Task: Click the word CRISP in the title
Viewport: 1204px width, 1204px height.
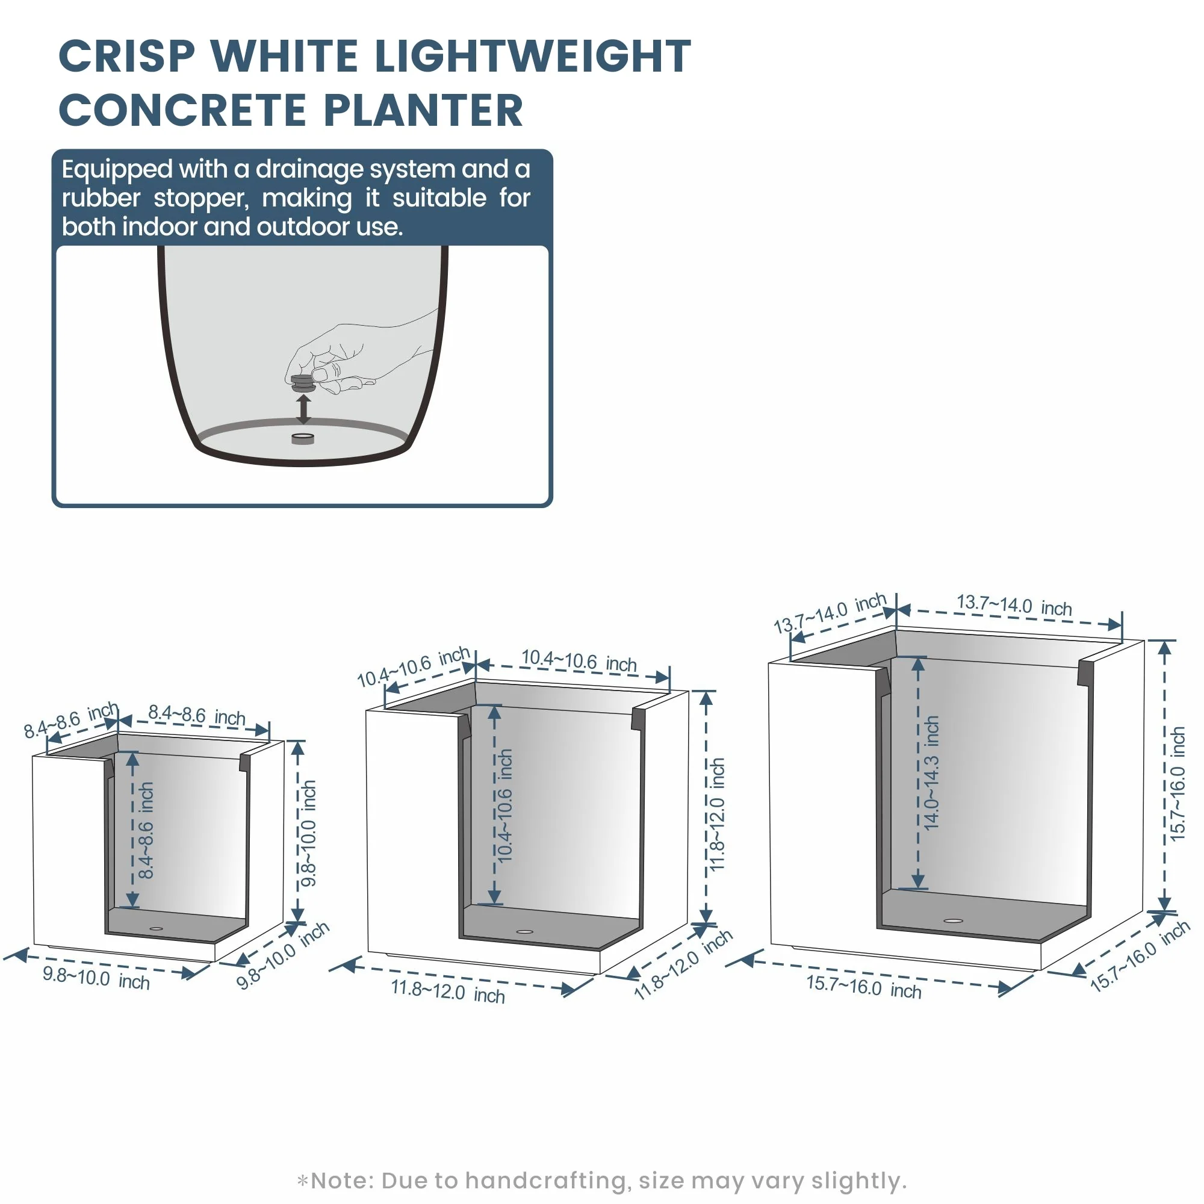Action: click(127, 56)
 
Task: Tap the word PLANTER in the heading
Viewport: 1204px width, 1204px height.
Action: click(423, 110)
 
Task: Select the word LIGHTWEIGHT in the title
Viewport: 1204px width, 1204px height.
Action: click(533, 56)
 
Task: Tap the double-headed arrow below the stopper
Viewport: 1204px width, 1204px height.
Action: click(303, 409)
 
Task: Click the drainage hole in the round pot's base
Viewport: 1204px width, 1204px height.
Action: click(303, 439)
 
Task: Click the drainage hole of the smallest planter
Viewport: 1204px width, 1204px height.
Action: click(156, 929)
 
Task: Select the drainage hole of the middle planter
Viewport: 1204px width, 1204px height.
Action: click(525, 932)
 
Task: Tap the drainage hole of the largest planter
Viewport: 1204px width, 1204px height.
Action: click(953, 920)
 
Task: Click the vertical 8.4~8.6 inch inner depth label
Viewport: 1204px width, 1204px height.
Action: click(145, 831)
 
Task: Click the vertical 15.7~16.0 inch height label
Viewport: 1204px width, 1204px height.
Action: click(1177, 783)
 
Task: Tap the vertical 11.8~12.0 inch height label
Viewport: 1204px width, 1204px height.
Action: click(718, 814)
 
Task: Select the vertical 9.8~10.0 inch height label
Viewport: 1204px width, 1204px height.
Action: click(308, 833)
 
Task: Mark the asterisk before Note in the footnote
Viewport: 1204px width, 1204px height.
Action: click(303, 1181)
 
